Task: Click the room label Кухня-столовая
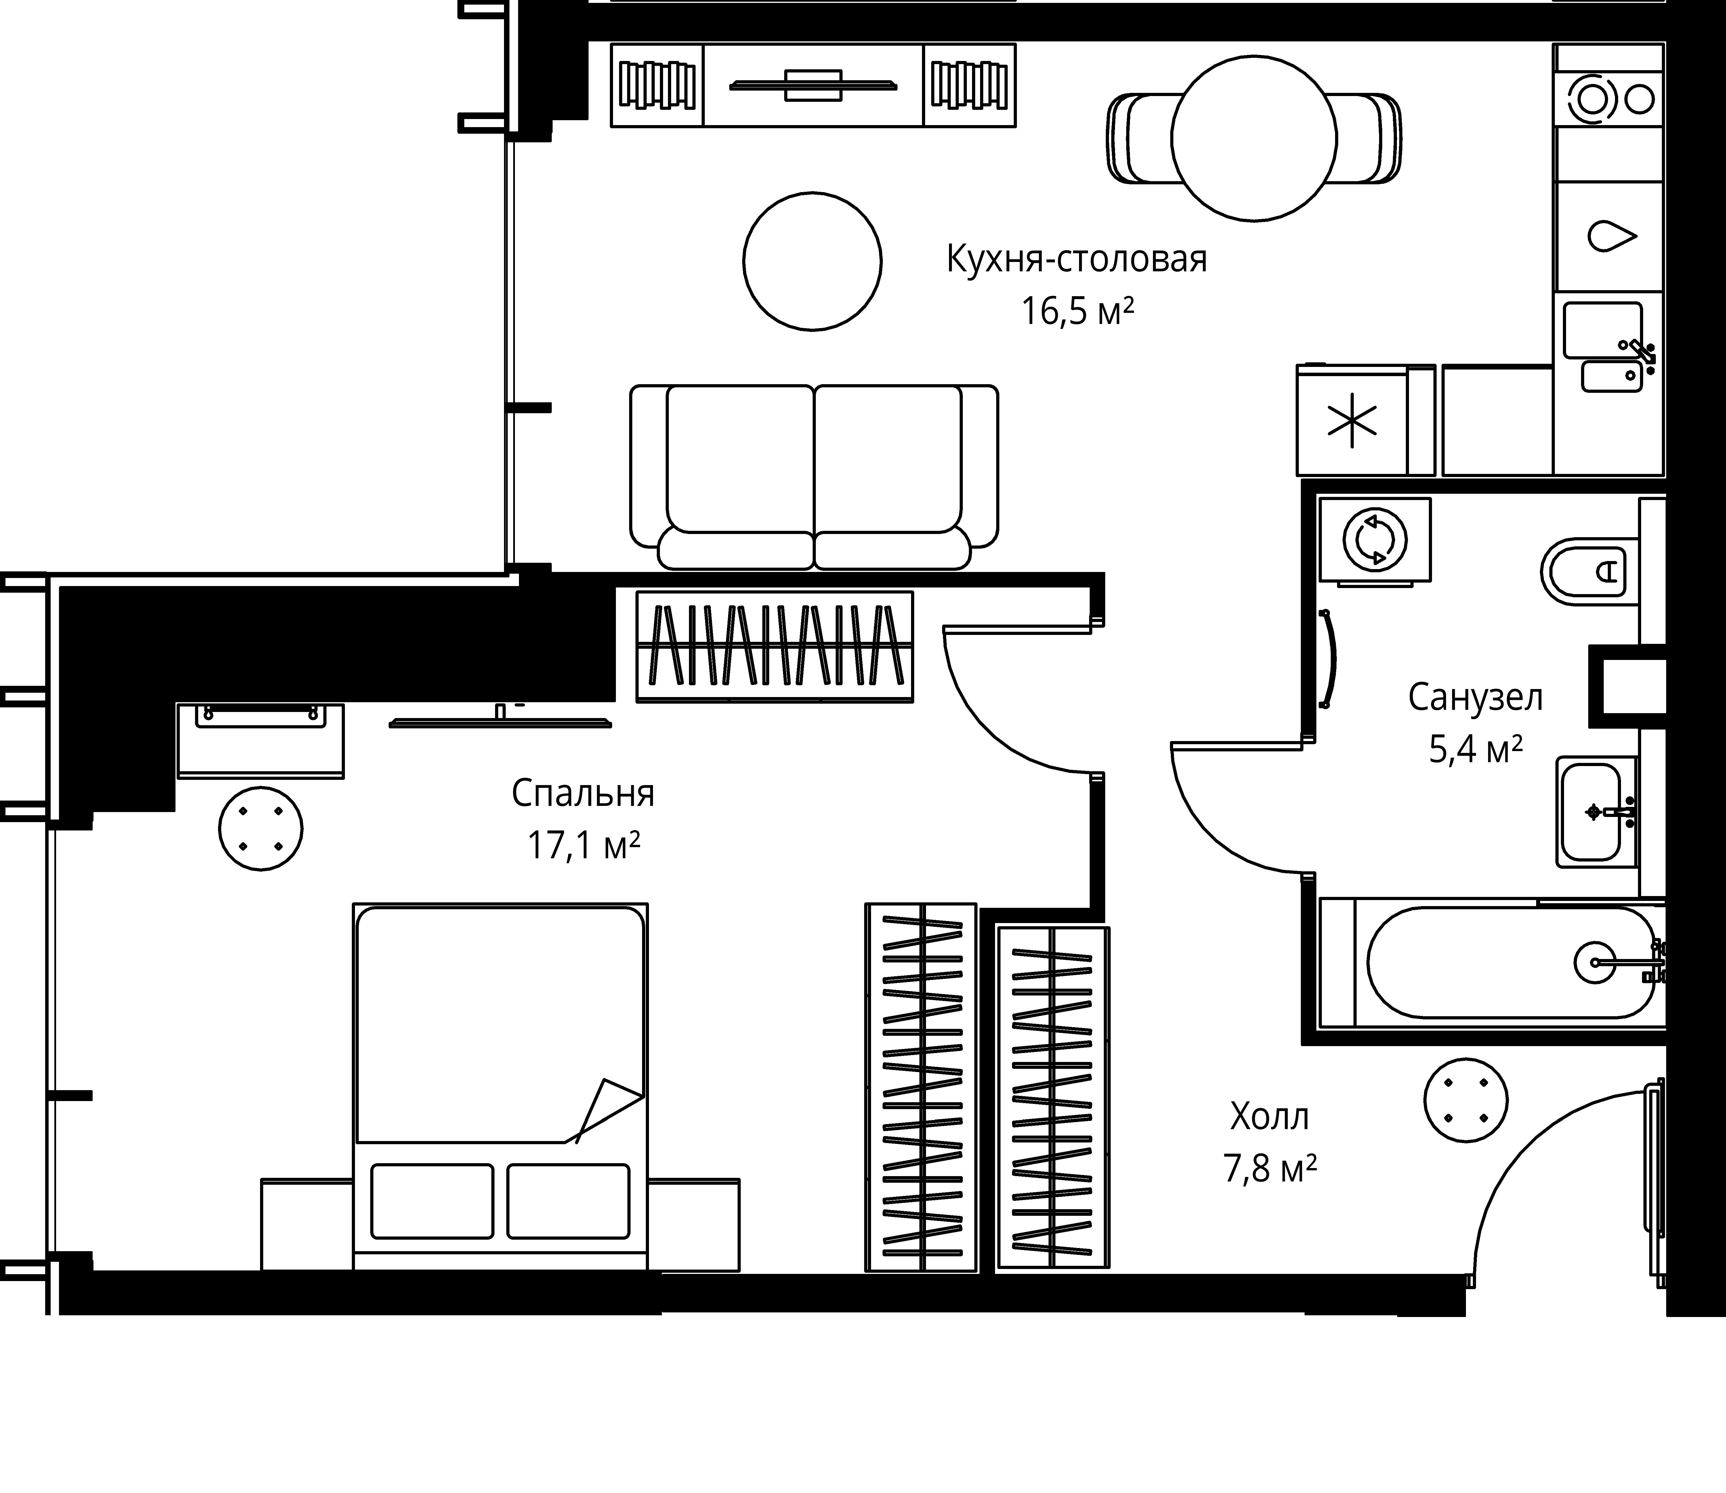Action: (x=1077, y=259)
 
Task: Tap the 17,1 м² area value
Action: (x=583, y=846)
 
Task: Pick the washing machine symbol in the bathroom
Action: (x=1375, y=540)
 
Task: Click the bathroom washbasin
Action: (x=1596, y=812)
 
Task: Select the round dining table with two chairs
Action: (x=1254, y=138)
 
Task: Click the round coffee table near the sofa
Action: (x=813, y=262)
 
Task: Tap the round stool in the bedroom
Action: (x=261, y=829)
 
